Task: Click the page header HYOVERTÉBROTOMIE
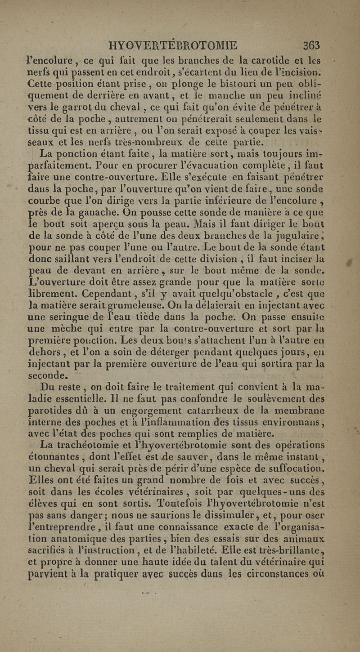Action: [x=173, y=46]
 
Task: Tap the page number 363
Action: [x=310, y=46]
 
